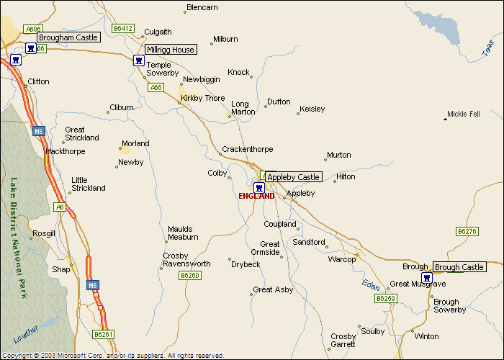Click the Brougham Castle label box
pos(68,37)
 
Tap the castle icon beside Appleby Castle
pos(258,187)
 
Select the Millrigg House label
pos(170,50)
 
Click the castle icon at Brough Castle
pos(426,277)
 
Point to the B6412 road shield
pos(123,28)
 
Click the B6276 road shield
pos(467,231)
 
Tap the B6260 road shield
pos(189,275)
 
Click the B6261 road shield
pos(104,334)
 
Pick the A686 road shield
pos(32,29)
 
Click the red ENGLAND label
pos(256,196)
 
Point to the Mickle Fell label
pos(463,114)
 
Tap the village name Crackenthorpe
pos(247,149)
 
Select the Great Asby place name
pos(273,289)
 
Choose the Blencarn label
pos(202,8)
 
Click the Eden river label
pos(370,284)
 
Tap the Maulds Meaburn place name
pos(183,233)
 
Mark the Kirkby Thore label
pos(203,98)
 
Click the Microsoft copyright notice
pos(113,356)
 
